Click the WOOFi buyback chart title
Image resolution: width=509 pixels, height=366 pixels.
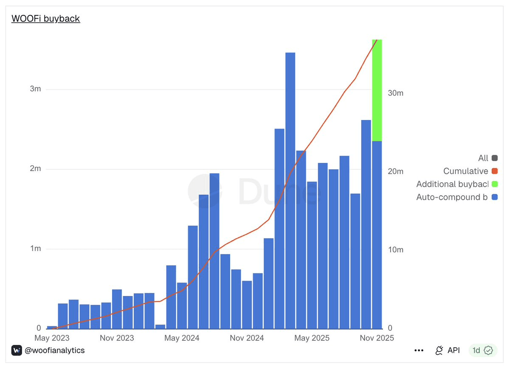(x=46, y=19)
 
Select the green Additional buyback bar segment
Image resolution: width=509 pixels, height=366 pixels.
(x=377, y=90)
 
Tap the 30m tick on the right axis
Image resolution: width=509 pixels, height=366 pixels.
(x=396, y=93)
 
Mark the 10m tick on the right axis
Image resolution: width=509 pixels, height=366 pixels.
(x=396, y=250)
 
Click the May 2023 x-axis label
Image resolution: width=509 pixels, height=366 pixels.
(x=52, y=338)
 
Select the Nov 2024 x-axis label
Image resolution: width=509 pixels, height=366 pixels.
(x=247, y=338)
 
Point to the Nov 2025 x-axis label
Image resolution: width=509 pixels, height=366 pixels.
(x=376, y=338)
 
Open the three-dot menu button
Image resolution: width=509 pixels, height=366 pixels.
(x=419, y=350)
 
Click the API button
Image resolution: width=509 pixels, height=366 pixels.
(x=447, y=350)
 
